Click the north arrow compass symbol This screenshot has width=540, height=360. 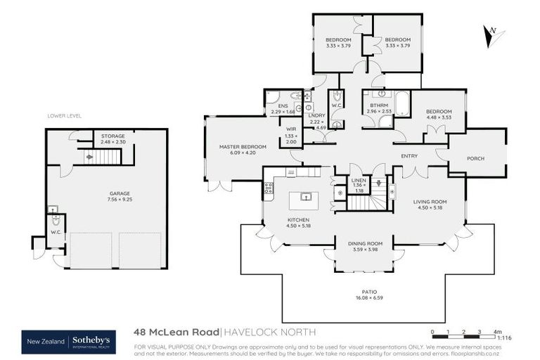[494, 35]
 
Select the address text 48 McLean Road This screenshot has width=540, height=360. [176, 332]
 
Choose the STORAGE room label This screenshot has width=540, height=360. [112, 136]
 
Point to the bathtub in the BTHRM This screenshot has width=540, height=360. [401, 104]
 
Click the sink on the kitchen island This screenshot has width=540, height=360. [306, 197]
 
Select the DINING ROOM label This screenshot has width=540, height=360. [365, 243]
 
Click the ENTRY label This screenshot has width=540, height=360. [410, 155]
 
